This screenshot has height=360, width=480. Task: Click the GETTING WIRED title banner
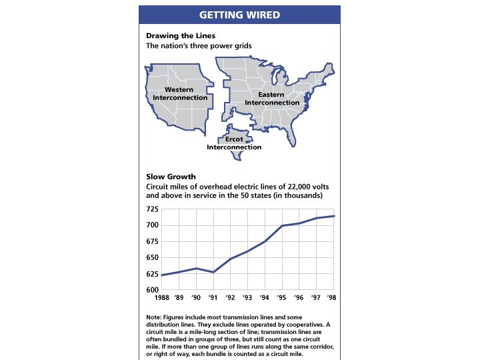pos(239,15)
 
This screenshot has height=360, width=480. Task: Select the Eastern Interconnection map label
pos(271,99)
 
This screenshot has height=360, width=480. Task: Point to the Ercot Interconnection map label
pos(234,143)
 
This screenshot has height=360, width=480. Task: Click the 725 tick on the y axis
pos(152,209)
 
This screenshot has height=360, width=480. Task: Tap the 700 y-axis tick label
pos(152,225)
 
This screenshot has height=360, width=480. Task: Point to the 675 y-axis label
pos(152,241)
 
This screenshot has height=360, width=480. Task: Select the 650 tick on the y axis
pos(152,258)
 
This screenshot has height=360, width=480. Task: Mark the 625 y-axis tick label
pos(152,274)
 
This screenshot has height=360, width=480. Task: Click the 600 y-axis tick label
pos(152,291)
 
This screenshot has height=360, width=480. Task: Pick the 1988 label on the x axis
pos(161,297)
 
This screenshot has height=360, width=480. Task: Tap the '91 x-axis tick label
pos(213,297)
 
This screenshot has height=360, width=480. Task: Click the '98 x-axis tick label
pos(332,297)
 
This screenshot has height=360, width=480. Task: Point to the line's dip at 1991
pos(213,272)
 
